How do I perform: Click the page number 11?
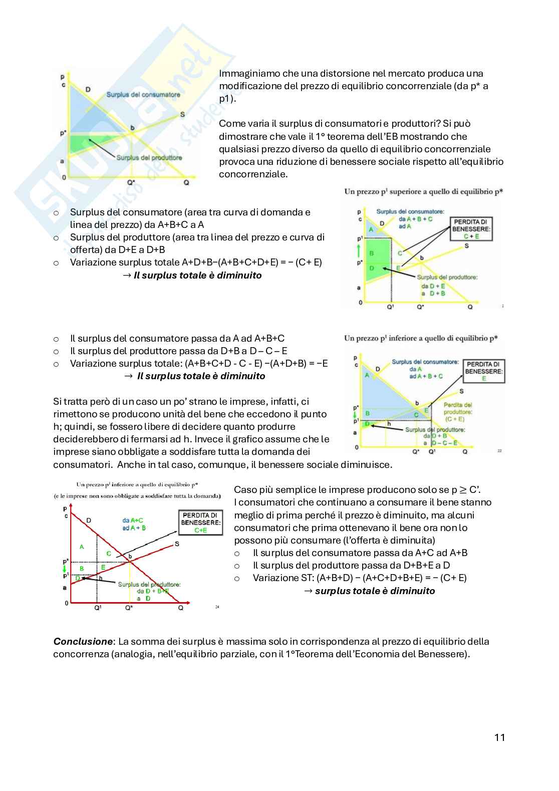point(499,737)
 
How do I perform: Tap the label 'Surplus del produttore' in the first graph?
point(149,158)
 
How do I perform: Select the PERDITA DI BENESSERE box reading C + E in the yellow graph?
point(471,229)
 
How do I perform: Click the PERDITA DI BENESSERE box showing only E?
point(483,371)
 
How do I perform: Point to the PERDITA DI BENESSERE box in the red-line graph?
point(200,522)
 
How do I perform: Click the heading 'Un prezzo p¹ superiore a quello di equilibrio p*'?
point(423,191)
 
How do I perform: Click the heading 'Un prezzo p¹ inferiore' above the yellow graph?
point(421,338)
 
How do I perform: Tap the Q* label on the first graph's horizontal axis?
point(131,183)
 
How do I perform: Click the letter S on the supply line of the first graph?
point(182,114)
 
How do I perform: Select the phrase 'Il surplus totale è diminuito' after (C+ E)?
point(197,275)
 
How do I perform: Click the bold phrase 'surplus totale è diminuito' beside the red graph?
point(375,591)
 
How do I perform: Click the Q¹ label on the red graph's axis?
point(98,608)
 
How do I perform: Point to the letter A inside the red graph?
point(82,547)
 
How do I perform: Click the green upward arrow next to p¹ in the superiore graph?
point(359,251)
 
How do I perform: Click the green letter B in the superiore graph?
point(371,253)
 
